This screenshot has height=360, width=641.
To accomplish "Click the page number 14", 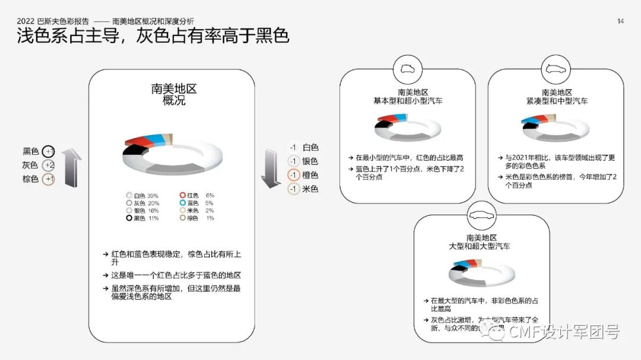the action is click(620, 21).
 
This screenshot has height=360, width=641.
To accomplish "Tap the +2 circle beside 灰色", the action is click(49, 165).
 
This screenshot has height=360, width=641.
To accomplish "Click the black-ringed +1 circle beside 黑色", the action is click(49, 152).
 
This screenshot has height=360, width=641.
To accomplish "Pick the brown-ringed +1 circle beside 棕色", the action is click(49, 179).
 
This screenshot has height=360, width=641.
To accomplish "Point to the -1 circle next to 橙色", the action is click(293, 175).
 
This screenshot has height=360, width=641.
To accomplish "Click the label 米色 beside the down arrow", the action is click(310, 189).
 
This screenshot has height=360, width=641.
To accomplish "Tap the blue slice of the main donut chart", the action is click(157, 140).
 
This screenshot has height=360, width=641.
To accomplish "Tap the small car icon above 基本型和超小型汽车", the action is click(407, 69).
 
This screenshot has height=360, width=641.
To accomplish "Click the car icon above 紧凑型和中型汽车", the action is click(556, 69).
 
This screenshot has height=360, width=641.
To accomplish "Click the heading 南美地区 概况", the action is click(174, 95).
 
